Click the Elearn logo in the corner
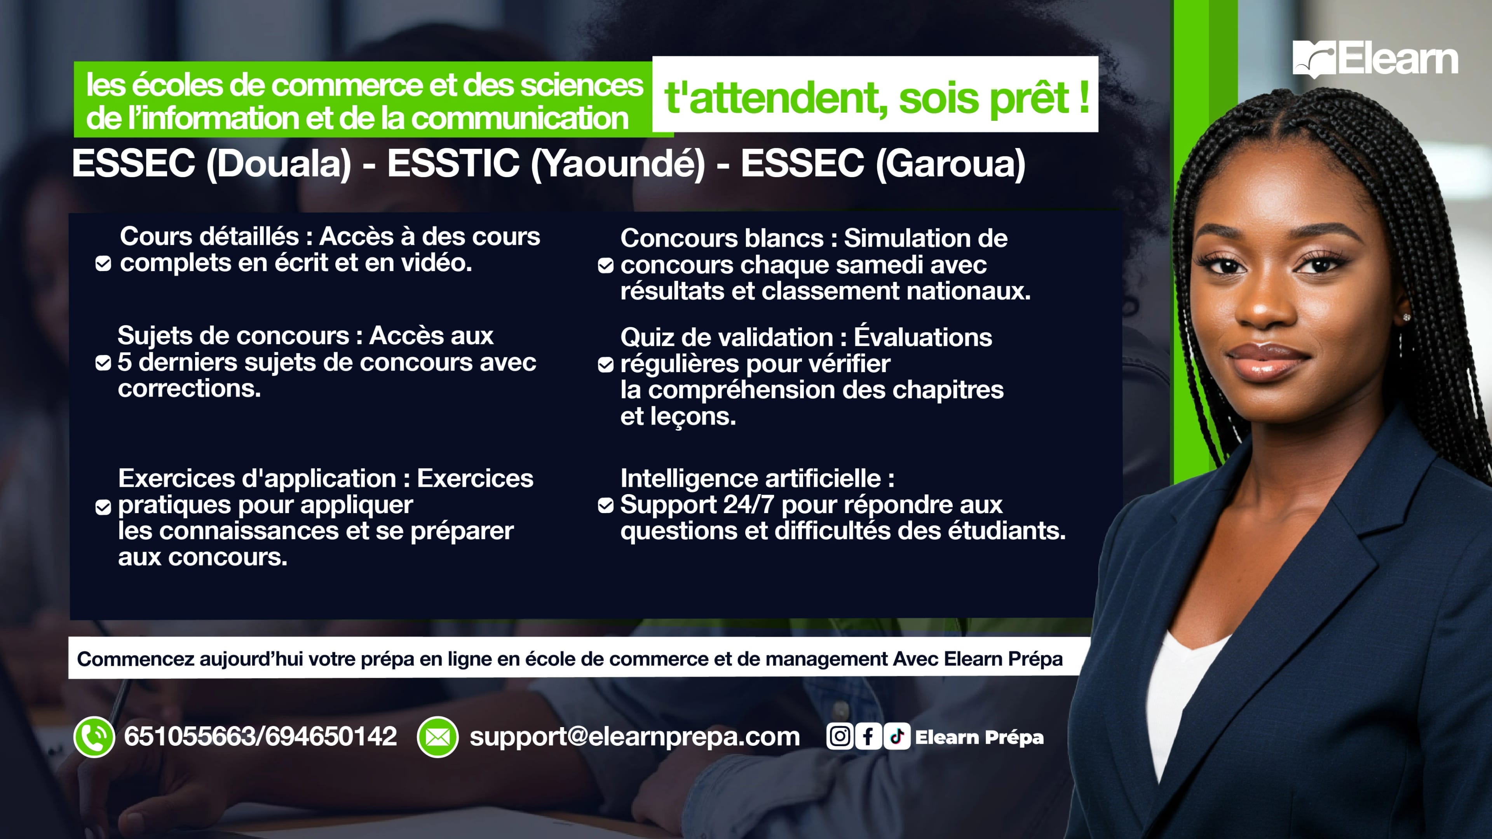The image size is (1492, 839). [1375, 59]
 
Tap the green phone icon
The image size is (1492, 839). [94, 736]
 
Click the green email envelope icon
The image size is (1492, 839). [437, 736]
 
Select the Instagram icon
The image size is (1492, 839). [840, 736]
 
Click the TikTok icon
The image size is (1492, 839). [897, 736]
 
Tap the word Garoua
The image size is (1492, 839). [950, 164]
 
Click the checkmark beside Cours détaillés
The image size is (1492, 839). [103, 264]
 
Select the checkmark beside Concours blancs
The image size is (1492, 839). [605, 266]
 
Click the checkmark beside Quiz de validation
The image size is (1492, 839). [605, 365]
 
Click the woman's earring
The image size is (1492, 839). [1406, 317]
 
